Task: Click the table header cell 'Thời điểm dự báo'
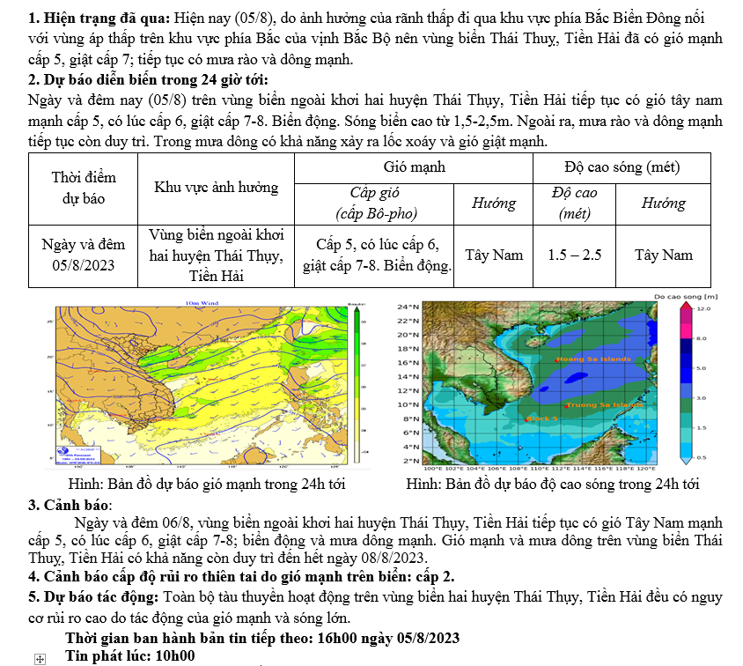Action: click(x=84, y=189)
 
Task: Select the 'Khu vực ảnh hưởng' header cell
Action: click(x=216, y=187)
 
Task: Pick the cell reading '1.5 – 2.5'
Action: click(x=574, y=255)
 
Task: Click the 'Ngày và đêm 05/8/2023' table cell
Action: click(x=84, y=255)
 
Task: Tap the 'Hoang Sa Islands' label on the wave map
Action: click(x=592, y=359)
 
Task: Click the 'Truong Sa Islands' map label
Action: click(x=603, y=405)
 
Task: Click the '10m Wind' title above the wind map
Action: click(x=202, y=302)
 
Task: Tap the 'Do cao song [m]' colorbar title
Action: click(x=687, y=297)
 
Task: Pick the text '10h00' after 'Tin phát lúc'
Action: click(x=175, y=656)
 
